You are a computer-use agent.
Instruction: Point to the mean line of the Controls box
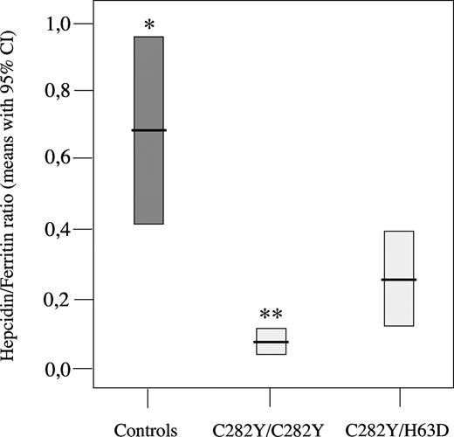click(x=148, y=130)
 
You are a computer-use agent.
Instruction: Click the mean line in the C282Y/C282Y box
click(x=270, y=342)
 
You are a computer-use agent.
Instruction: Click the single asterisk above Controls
click(x=149, y=26)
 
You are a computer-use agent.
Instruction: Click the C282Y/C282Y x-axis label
click(x=270, y=428)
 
